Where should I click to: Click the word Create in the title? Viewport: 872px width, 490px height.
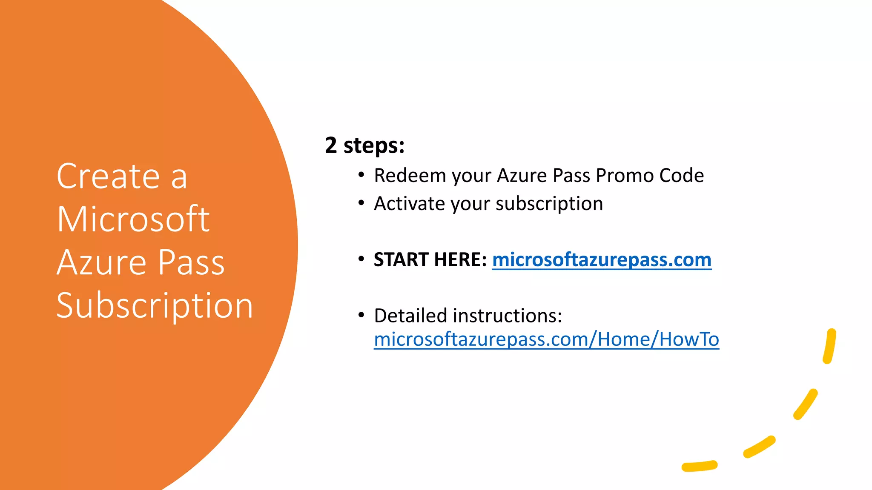[108, 177]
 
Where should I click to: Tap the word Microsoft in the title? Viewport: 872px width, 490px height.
[133, 219]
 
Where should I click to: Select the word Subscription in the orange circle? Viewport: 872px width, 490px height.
[155, 306]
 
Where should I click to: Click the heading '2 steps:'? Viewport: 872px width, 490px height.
[364, 145]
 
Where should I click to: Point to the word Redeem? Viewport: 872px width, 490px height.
[410, 176]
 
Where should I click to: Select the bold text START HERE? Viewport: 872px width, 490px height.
[430, 259]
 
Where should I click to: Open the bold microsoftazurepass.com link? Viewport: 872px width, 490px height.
[602, 260]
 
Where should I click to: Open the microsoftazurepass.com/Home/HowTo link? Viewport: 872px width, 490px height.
[546, 339]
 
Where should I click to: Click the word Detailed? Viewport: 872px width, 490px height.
[410, 316]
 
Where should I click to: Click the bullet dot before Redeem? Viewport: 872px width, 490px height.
[361, 175]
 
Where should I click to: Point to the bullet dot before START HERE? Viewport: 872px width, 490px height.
[361, 259]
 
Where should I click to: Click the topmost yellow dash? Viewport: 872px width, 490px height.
[830, 346]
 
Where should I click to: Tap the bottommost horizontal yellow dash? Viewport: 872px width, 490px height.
[700, 466]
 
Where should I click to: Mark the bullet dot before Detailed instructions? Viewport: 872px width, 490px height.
[361, 315]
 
